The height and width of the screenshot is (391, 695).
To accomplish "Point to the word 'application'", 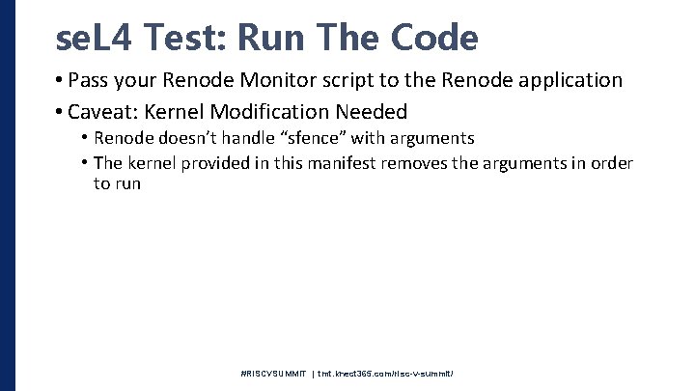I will tap(569, 80).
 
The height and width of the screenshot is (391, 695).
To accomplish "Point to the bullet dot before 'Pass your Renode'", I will tap(60, 80).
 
